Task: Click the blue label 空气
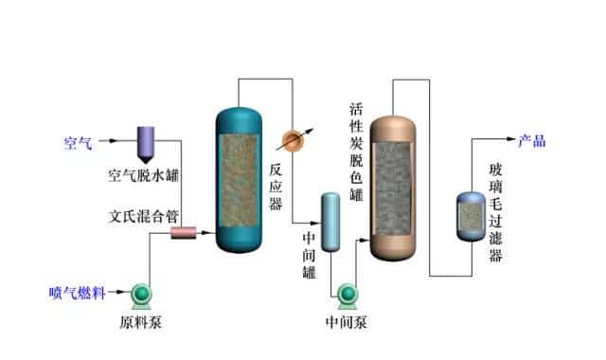78,143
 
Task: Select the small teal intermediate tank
330,222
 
